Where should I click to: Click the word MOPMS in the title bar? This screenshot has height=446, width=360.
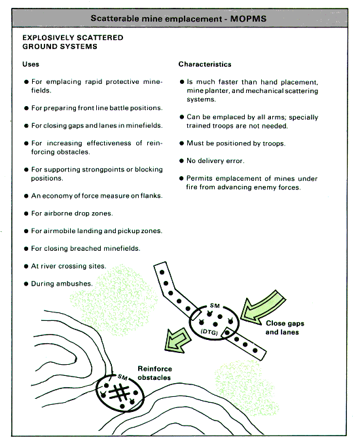[x=248, y=19]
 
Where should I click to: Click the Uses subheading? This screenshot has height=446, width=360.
[x=31, y=64]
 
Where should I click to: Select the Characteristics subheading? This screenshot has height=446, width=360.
[x=205, y=64]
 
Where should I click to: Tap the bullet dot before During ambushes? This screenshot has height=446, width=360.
[x=26, y=284]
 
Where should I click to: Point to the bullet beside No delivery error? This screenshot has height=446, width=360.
[x=182, y=161]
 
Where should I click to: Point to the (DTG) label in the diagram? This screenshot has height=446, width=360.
[x=209, y=332]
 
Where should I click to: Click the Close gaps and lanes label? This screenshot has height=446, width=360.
[x=285, y=327]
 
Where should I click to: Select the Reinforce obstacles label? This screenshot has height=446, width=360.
[x=154, y=373]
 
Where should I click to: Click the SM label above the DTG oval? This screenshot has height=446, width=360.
[x=215, y=305]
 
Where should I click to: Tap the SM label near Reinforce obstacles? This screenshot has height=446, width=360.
[x=122, y=377]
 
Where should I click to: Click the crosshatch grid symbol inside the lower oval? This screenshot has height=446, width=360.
[x=119, y=392]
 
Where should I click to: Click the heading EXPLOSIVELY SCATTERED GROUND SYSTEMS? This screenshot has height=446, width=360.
[x=73, y=42]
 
